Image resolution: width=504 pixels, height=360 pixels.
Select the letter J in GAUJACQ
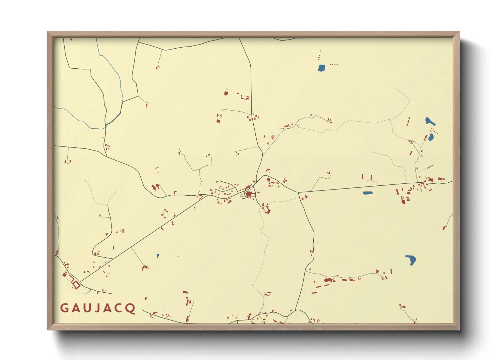[x=98, y=308]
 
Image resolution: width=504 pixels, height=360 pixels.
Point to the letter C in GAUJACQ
[x=120, y=308]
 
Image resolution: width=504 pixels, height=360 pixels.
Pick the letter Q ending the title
[x=131, y=309]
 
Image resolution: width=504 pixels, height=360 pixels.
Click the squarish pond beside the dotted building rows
[x=321, y=68]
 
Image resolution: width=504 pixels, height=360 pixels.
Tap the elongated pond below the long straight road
[x=368, y=193]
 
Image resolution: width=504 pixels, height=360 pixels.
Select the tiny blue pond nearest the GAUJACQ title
[x=158, y=256]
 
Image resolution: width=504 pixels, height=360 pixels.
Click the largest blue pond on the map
[x=411, y=260]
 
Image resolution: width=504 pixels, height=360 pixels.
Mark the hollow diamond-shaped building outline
[x=76, y=285]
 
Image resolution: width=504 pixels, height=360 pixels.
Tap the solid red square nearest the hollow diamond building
[x=65, y=275]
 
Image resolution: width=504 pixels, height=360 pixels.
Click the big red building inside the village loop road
[x=248, y=194]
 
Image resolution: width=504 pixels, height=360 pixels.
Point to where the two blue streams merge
[x=106, y=125]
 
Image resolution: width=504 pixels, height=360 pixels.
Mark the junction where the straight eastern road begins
[x=298, y=193]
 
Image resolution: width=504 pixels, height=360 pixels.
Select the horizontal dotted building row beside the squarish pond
[x=334, y=64]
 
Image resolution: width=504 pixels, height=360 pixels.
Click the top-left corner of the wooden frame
[x=48, y=32]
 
